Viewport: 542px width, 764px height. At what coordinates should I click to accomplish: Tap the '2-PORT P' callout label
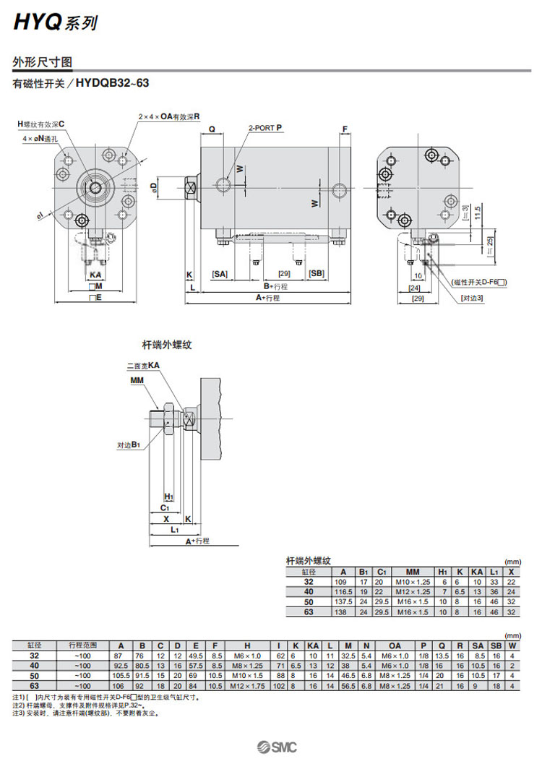[x=265, y=127]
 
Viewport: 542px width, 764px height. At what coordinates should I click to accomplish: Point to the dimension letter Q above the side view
[x=212, y=129]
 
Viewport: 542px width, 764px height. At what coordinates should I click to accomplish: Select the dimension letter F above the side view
[x=345, y=129]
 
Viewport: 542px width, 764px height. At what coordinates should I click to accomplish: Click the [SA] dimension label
[x=220, y=273]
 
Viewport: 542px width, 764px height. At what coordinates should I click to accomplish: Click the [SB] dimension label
[x=316, y=273]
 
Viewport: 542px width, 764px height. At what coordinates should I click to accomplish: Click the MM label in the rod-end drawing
[x=137, y=379]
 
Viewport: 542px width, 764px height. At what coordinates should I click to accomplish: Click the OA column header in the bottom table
[x=395, y=645]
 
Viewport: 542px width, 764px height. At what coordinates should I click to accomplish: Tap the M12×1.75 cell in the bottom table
[x=247, y=685]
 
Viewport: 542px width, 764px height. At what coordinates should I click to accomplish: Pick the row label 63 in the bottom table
[x=34, y=685]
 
